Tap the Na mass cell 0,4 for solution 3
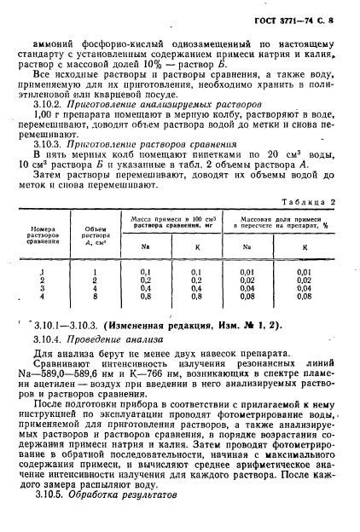pyautogui.click(x=146, y=287)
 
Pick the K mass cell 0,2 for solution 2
pyautogui.click(x=196, y=280)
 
